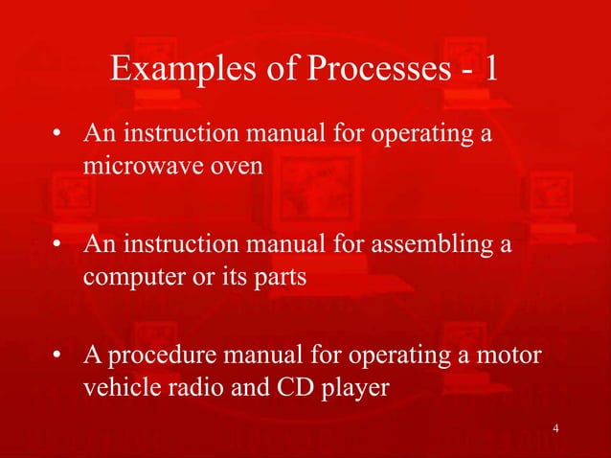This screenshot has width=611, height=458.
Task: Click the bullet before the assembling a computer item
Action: (61, 246)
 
